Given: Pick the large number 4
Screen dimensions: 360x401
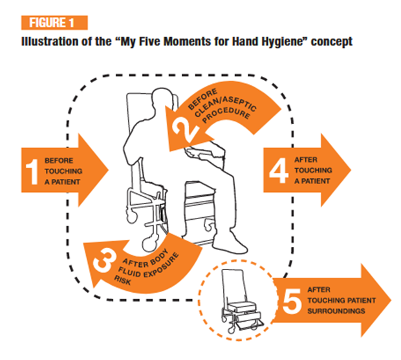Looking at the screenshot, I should [276, 169].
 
